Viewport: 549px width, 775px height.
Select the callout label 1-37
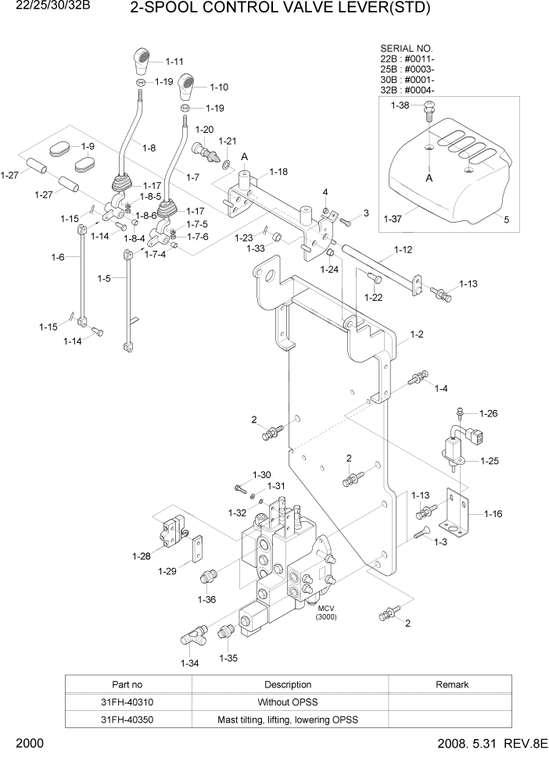pyautogui.click(x=394, y=220)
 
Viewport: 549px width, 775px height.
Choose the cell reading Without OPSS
pyautogui.click(x=288, y=702)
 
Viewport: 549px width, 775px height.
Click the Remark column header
pyautogui.click(x=451, y=684)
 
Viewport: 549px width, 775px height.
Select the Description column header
pyautogui.click(x=288, y=684)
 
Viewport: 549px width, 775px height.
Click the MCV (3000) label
pyautogui.click(x=325, y=612)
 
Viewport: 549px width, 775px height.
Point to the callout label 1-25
pyautogui.click(x=489, y=461)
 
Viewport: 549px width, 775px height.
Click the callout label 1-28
pyautogui.click(x=142, y=556)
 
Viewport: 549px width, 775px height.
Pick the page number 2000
pyautogui.click(x=28, y=743)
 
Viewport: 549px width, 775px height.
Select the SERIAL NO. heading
pyautogui.click(x=406, y=48)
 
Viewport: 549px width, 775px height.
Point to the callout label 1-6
pyautogui.click(x=58, y=258)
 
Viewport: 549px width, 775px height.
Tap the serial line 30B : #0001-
pyautogui.click(x=407, y=79)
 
